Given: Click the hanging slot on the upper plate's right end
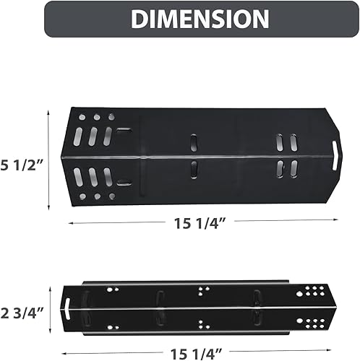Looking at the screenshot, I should [x=335, y=155].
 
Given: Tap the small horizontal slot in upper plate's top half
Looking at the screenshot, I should [x=124, y=130].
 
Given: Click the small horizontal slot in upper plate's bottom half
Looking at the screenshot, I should [x=124, y=182].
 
